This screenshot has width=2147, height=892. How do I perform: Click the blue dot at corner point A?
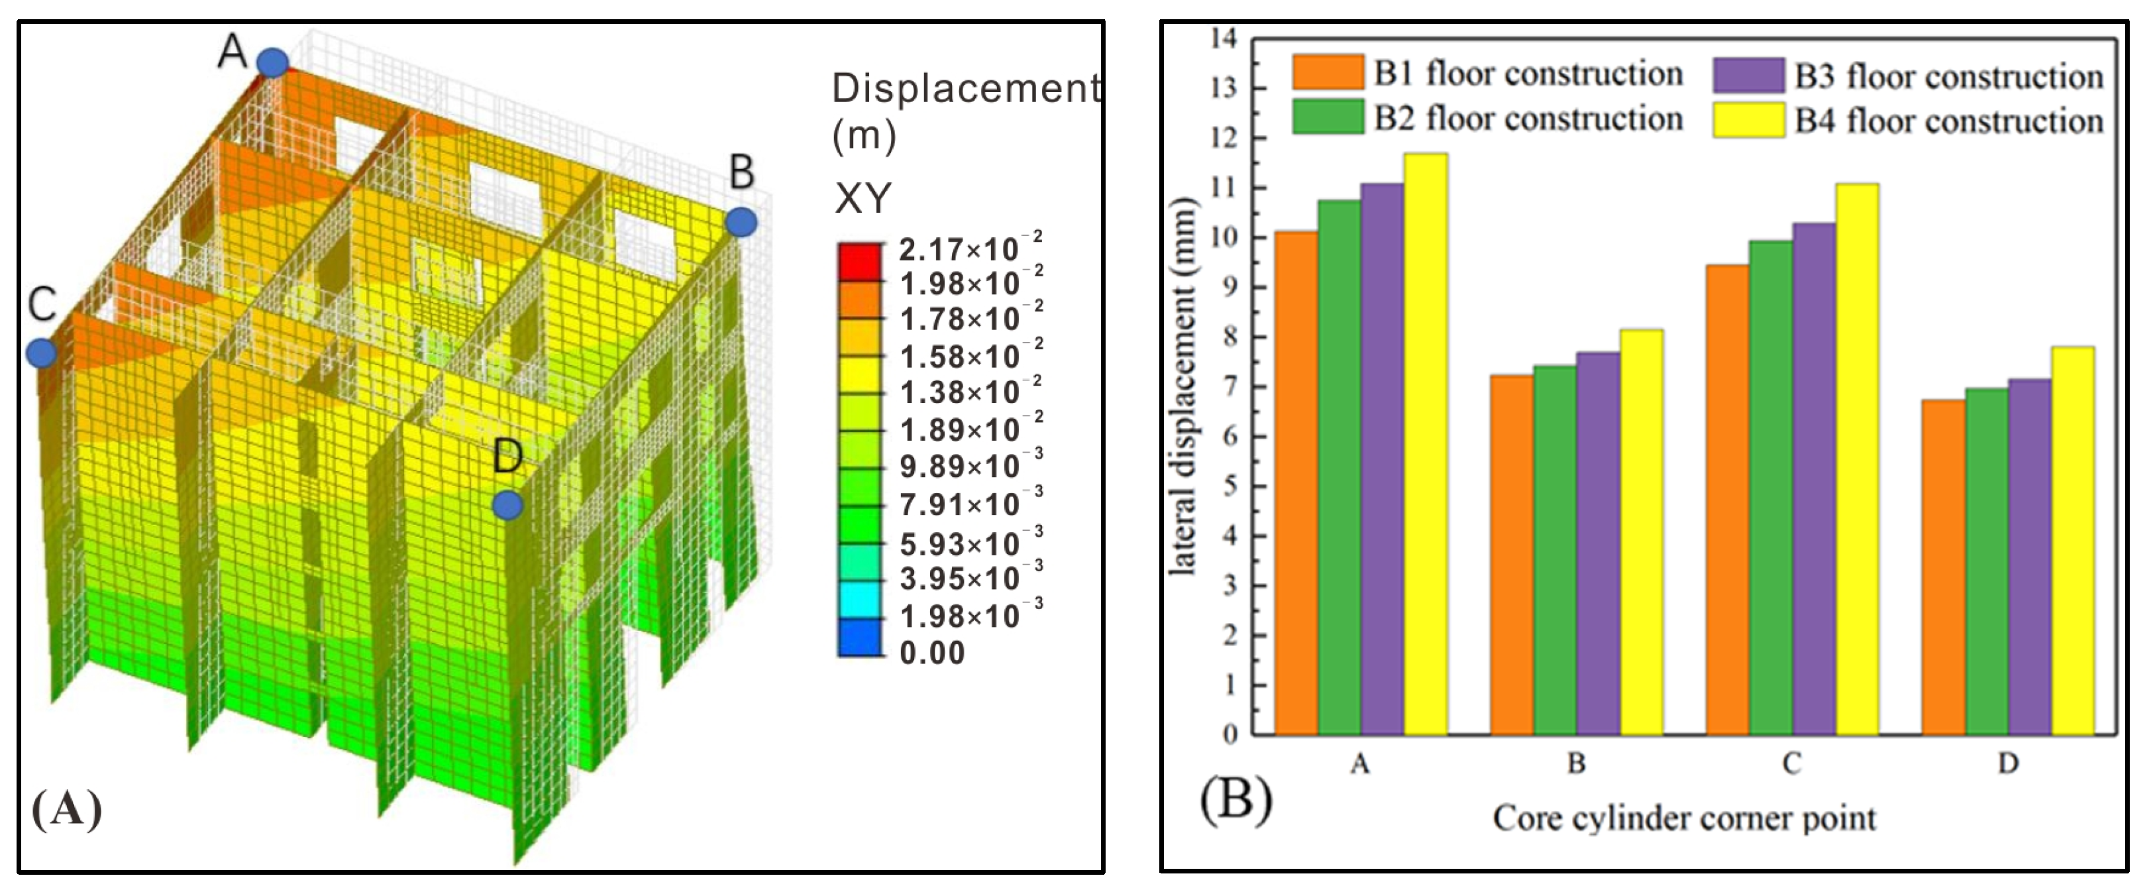(272, 62)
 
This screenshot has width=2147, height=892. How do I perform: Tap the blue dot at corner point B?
(741, 222)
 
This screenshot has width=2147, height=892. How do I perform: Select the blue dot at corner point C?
(41, 353)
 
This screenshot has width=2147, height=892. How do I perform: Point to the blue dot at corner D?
(507, 504)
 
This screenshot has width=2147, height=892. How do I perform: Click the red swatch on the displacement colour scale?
(859, 261)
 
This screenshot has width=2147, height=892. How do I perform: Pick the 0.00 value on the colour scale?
(932, 652)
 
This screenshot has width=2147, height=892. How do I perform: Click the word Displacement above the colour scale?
(965, 88)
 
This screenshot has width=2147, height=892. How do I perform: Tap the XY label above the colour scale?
(863, 198)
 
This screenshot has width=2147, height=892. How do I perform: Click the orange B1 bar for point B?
(1512, 555)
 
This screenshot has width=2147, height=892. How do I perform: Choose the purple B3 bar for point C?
(1814, 478)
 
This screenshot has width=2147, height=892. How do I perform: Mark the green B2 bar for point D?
(1987, 561)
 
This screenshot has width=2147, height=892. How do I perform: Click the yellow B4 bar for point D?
(2073, 540)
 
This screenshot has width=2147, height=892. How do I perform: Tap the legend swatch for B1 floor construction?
(1328, 72)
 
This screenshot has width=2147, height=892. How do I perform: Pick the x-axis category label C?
(1792, 763)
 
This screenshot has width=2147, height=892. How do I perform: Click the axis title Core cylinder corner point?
(1683, 818)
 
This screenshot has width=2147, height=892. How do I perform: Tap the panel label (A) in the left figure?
(67, 808)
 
